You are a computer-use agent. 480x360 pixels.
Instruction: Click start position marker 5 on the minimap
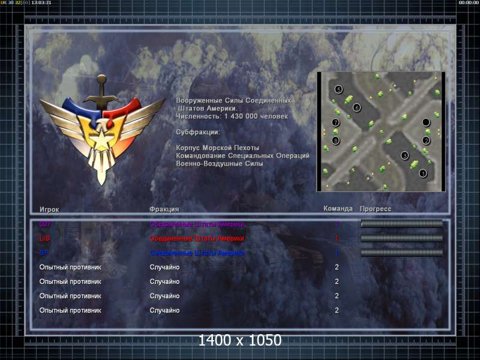point(338,89)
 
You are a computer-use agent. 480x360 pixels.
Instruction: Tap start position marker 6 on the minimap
point(356,107)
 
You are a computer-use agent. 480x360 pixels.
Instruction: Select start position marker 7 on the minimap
point(335,122)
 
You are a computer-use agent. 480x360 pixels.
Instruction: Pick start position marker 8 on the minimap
point(335,140)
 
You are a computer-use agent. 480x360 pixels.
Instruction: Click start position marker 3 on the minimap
point(405,155)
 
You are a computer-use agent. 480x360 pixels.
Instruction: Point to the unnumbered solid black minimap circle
point(426,122)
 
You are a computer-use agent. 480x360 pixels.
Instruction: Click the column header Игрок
point(49,209)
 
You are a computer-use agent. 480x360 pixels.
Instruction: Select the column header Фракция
point(164,209)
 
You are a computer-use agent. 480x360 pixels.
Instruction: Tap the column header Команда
point(338,209)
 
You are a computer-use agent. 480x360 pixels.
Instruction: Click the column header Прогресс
point(376,209)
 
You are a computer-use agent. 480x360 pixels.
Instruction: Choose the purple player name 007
point(45,224)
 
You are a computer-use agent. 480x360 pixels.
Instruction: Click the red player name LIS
point(44,238)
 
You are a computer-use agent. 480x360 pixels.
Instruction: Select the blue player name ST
point(43,253)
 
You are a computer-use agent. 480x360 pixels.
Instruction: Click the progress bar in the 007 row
point(401,224)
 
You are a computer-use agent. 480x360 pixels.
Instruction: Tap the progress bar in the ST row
point(401,253)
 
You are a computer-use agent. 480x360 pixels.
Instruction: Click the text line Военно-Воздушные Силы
point(220,163)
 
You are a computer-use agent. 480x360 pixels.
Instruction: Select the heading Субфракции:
point(198,131)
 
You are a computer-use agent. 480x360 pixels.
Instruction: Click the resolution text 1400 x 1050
point(240,340)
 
